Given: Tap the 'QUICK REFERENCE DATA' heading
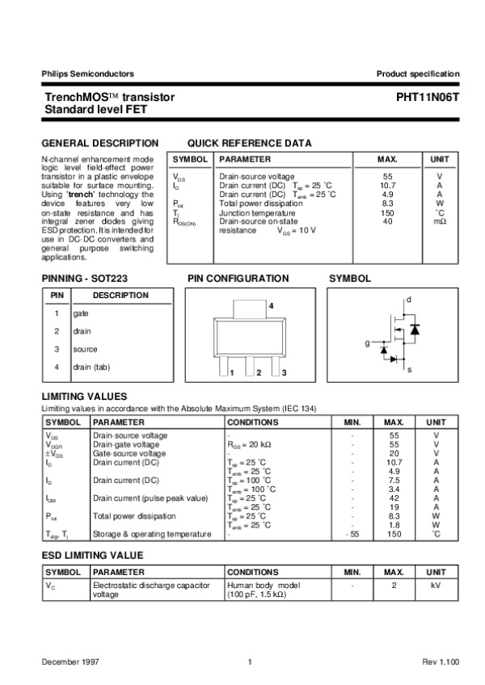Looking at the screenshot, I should [x=249, y=143].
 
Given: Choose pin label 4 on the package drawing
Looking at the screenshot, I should [x=271, y=306].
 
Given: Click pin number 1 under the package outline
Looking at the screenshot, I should [x=232, y=372].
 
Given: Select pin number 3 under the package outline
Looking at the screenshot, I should [x=285, y=372].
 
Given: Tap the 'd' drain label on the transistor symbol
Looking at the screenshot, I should [x=409, y=300].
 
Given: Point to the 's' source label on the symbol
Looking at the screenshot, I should [x=409, y=369].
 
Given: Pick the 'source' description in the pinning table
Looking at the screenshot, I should [x=85, y=349].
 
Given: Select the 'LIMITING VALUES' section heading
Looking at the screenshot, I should [x=84, y=397].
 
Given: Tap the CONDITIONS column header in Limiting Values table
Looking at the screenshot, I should [x=253, y=422].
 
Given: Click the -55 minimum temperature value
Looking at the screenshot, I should [x=351, y=534].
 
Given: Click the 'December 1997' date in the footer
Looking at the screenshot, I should [x=66, y=662].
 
